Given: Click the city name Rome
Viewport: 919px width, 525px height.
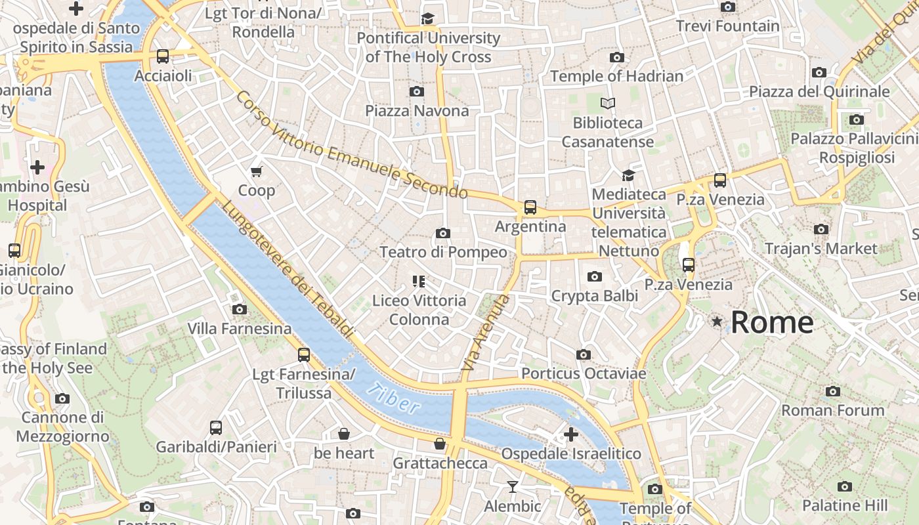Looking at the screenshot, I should coord(772,322).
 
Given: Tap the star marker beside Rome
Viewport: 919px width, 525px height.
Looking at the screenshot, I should coord(717,322).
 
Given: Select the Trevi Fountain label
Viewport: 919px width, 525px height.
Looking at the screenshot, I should coord(728,26).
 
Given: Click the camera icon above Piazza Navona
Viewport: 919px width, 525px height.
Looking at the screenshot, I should coord(416,91).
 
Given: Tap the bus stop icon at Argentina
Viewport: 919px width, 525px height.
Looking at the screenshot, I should coord(530,207).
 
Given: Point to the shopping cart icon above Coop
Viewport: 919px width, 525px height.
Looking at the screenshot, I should coord(256,171).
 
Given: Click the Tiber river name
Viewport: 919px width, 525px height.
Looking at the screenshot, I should coord(394,398).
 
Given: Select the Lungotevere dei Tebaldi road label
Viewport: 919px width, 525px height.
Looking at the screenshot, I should coord(288,270).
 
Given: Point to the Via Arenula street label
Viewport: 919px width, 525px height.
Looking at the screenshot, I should coord(485,333).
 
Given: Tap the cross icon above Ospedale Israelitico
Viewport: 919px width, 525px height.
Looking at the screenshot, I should coord(570,434).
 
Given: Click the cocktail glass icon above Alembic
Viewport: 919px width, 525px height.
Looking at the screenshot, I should coord(512,486).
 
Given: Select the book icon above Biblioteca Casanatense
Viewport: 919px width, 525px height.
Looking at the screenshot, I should coord(608,103).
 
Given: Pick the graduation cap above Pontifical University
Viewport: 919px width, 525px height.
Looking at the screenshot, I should coord(428,18).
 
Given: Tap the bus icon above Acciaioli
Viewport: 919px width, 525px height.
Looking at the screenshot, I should coord(163,56).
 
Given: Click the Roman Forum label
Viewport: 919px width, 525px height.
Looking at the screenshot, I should coord(832,410).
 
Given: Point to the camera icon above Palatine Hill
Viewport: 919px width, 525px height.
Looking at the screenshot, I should coord(844,486).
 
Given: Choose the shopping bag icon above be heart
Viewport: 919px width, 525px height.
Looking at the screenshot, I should coord(343,434).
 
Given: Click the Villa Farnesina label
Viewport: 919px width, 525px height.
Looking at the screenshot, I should coord(240,328).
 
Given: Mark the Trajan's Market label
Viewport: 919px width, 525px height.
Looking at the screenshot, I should coord(821,249).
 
